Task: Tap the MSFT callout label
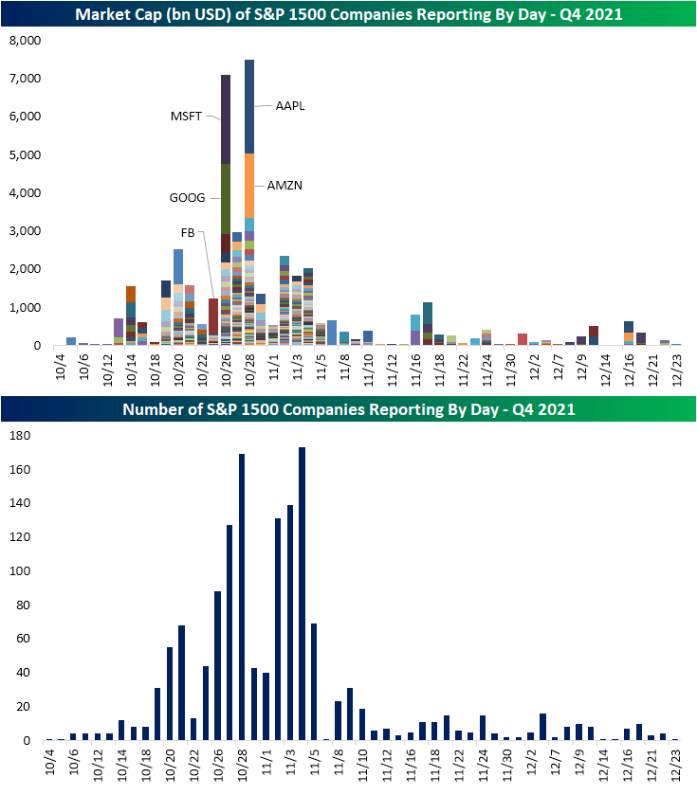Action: (x=186, y=117)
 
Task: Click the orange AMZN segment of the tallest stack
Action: (x=249, y=185)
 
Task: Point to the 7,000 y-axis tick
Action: (x=25, y=79)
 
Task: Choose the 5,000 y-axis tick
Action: (x=25, y=155)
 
